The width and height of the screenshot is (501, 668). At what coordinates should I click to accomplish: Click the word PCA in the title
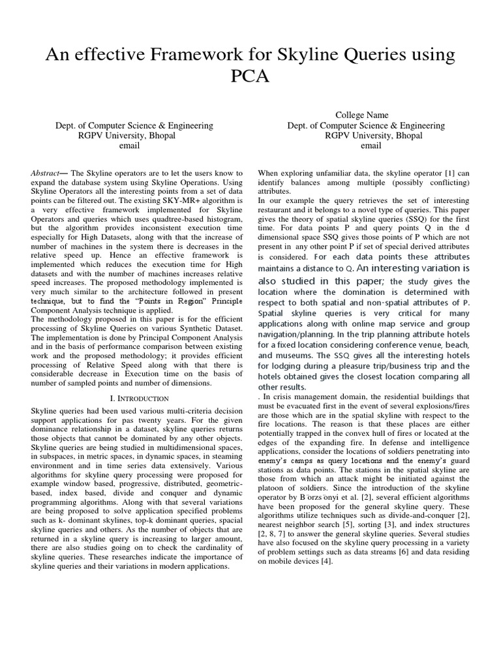250,77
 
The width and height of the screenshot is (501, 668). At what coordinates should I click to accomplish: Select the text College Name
366,115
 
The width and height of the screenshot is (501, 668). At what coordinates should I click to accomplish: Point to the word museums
295,356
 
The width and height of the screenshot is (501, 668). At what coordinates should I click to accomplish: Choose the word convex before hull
367,434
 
